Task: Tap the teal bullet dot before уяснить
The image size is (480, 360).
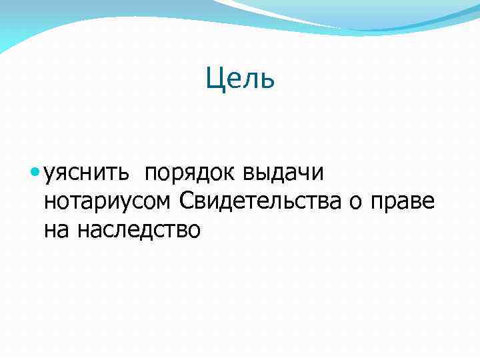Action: (35, 173)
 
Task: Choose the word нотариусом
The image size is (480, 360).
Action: (109, 201)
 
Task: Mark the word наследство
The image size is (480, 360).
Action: (139, 230)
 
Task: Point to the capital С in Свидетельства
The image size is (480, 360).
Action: (187, 201)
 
